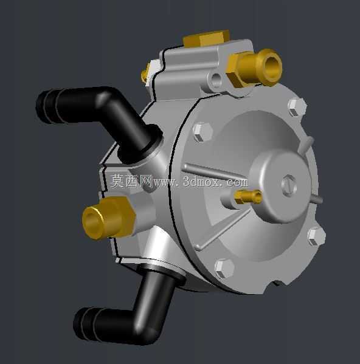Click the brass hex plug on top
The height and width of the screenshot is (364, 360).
pos(206,38)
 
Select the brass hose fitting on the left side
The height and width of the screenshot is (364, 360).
pos(109,218)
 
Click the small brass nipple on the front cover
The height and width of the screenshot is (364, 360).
pos(247,196)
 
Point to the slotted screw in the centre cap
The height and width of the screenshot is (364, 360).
pos(289,185)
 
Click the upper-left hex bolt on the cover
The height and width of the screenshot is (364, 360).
pos(203,132)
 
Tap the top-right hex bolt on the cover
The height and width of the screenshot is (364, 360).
pos(297,106)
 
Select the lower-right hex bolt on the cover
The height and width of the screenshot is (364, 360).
pos(316,236)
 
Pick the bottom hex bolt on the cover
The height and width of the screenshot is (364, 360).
pos(224,269)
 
